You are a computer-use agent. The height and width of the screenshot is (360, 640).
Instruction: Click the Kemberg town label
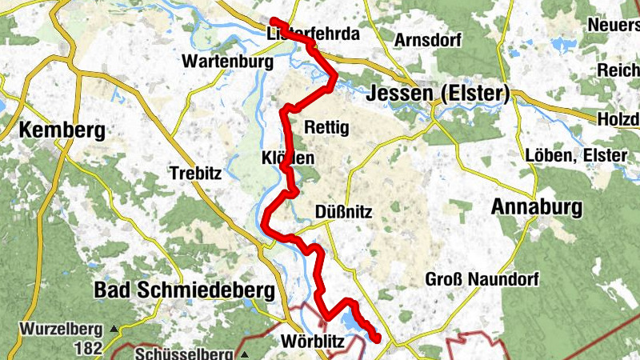[x=62, y=131]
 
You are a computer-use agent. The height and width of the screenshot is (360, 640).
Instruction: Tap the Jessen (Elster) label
[x=438, y=94]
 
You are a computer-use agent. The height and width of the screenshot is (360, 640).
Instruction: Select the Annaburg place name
[x=537, y=207]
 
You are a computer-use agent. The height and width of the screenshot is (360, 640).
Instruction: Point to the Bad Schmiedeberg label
[x=184, y=289]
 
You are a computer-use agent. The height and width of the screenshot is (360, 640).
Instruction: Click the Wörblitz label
[x=313, y=343]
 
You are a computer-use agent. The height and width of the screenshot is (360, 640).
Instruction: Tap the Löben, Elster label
[x=576, y=155]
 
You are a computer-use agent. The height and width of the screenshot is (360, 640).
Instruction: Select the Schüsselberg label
[x=183, y=354]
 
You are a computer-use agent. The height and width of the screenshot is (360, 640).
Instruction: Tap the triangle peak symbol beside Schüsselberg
[x=244, y=354]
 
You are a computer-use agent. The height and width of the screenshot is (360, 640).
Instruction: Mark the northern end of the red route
[x=274, y=22]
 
